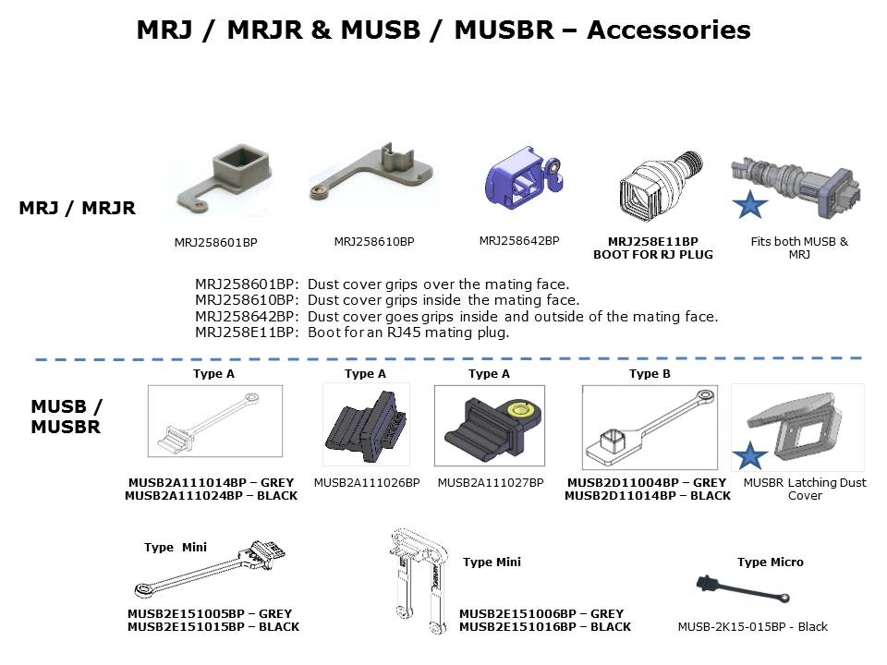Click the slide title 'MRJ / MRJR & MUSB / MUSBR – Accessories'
click(x=443, y=30)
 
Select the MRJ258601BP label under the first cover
click(x=215, y=243)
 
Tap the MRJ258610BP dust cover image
click(x=372, y=175)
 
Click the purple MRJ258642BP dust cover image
click(x=520, y=177)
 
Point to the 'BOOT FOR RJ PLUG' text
click(x=652, y=254)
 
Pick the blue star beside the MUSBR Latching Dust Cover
click(x=750, y=455)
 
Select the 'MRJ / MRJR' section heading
click(x=78, y=209)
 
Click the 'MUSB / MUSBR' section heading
click(x=67, y=417)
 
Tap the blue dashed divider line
click(x=443, y=357)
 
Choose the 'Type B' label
click(x=650, y=374)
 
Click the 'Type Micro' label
click(x=771, y=562)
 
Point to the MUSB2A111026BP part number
click(x=367, y=482)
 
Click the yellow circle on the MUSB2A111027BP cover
click(x=526, y=407)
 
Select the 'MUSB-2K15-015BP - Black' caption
click(x=752, y=627)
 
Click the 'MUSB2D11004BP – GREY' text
click(x=647, y=482)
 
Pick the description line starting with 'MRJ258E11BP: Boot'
click(x=352, y=332)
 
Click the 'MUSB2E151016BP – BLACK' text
click(x=544, y=626)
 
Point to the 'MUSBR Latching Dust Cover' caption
click(x=804, y=489)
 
